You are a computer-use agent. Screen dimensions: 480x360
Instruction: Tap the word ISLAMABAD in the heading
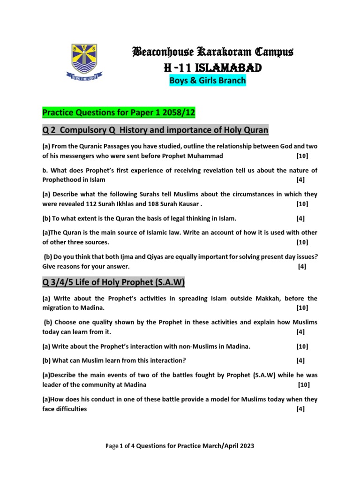(x=226, y=68)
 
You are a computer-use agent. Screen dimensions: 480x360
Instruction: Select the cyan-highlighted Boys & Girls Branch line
(x=207, y=81)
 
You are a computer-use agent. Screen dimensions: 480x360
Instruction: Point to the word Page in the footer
(x=112, y=446)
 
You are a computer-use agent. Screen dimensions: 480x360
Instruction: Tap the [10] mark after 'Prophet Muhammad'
(x=302, y=156)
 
